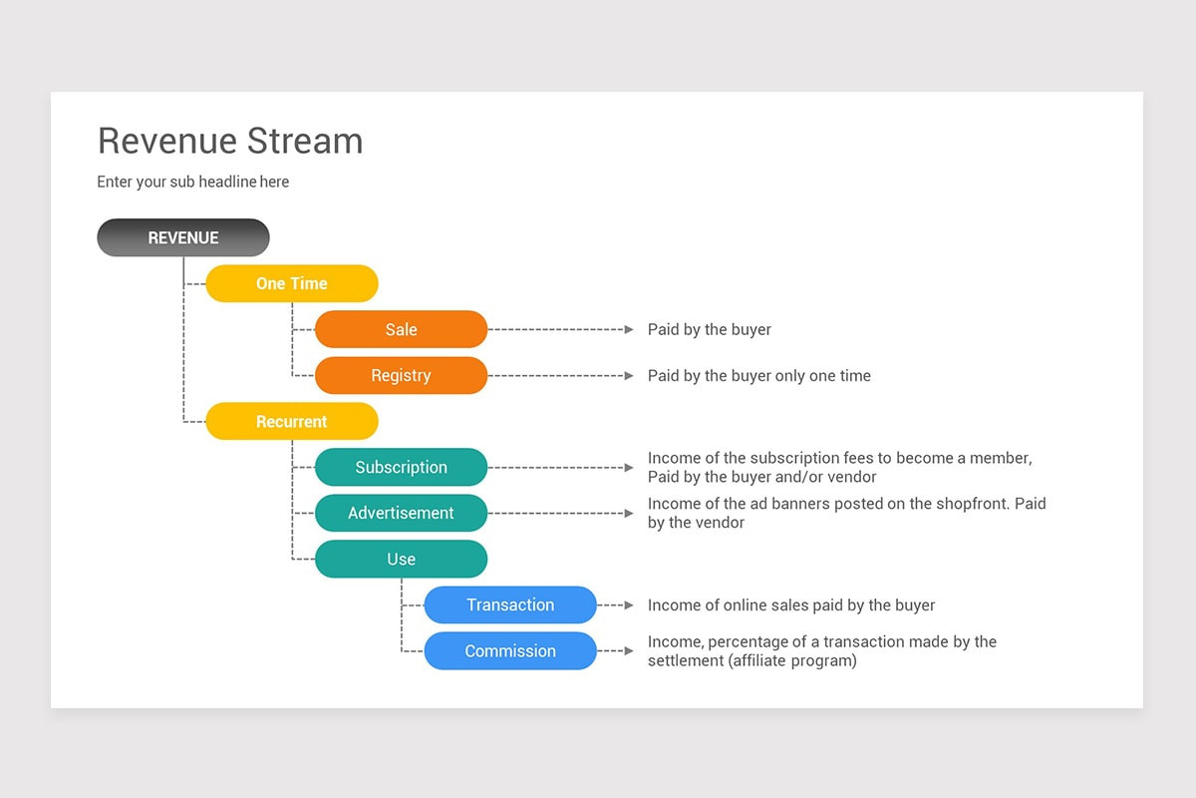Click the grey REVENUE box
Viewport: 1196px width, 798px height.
point(183,237)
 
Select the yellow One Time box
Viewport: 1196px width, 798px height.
point(291,283)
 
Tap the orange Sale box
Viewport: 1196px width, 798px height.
point(401,329)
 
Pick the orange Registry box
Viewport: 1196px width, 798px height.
point(401,375)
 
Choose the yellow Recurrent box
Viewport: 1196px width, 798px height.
point(291,421)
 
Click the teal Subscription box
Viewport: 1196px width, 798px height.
point(401,467)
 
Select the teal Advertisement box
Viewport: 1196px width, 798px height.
point(401,513)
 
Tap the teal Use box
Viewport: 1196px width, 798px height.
point(401,559)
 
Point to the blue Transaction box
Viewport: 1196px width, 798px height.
point(510,604)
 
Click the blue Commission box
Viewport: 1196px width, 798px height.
point(510,650)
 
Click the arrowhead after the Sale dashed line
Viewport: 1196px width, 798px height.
point(628,329)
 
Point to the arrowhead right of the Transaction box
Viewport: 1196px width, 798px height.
point(628,604)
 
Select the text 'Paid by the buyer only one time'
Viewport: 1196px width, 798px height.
point(758,376)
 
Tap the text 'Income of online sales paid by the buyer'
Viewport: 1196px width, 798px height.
point(790,605)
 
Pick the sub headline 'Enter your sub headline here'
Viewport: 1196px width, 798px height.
point(192,182)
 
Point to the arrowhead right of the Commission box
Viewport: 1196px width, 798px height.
point(628,650)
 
